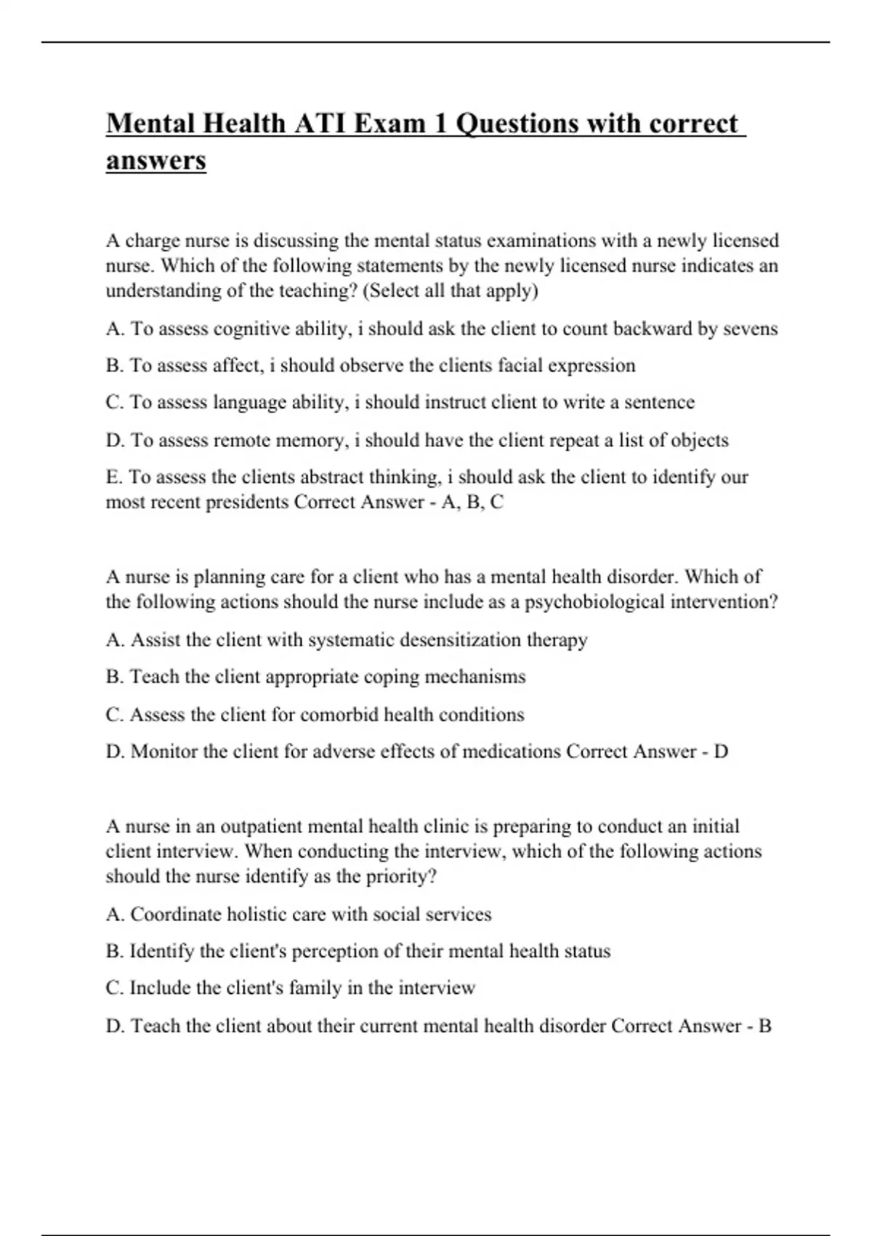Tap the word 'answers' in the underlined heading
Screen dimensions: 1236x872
click(x=156, y=161)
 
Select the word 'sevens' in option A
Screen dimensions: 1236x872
click(x=751, y=329)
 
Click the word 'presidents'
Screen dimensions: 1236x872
click(x=247, y=502)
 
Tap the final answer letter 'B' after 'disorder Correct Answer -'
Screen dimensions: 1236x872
click(x=764, y=1026)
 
